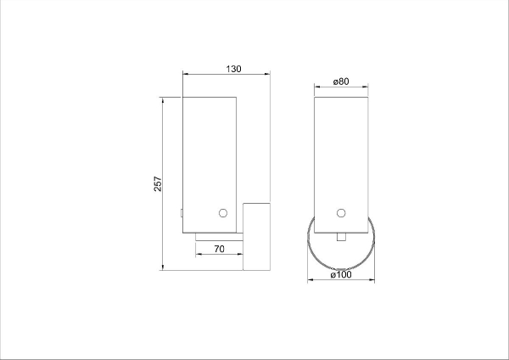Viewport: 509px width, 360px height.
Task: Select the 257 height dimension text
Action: click(158, 184)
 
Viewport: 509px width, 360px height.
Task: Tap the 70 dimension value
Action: click(219, 250)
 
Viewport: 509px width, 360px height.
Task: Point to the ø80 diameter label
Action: click(341, 81)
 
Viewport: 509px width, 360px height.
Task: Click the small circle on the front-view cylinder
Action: click(341, 212)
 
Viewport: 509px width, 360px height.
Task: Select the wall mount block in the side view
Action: click(256, 237)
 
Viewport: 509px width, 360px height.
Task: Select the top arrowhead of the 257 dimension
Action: click(162, 100)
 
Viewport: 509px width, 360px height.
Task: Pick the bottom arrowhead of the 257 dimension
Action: click(162, 267)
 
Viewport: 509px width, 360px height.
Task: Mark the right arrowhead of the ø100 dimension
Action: click(372, 279)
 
